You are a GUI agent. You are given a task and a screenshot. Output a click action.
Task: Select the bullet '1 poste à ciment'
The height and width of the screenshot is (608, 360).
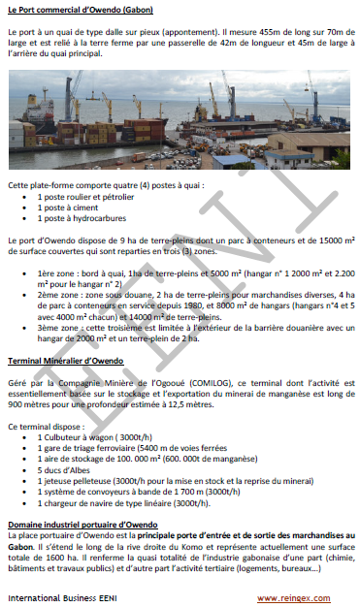69,207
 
